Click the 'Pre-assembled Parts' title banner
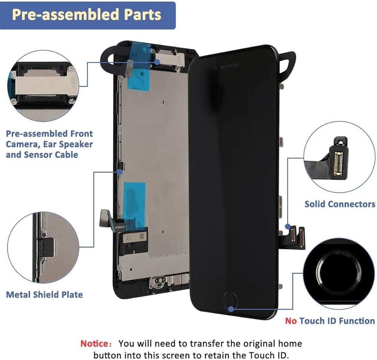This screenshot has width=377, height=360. tap(88, 15)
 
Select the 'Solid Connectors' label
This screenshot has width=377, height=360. tap(340, 204)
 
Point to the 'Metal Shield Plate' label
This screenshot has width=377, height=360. tap(44, 295)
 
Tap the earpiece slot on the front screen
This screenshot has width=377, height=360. tap(229, 66)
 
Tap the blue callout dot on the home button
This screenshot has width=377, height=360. tap(231, 309)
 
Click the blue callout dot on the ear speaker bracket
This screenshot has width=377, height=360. tap(157, 62)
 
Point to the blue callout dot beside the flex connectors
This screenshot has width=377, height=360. tap(288, 226)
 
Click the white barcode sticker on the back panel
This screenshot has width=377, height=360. tap(133, 237)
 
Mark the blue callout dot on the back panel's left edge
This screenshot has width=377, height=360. tap(120, 172)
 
